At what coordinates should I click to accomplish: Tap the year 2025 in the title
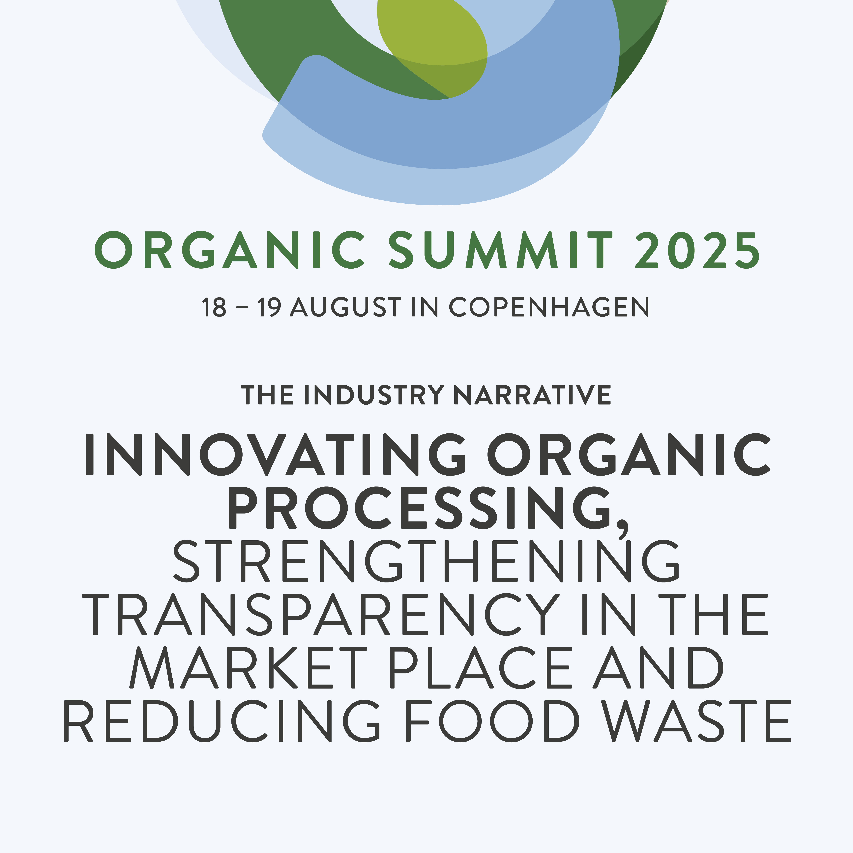pyautogui.click(x=698, y=250)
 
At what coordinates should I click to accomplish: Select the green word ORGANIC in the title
pyautogui.click(x=230, y=250)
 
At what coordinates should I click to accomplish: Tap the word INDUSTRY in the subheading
pyautogui.click(x=374, y=395)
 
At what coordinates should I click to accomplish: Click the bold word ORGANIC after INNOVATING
pyautogui.click(x=629, y=454)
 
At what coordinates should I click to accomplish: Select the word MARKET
pyautogui.click(x=248, y=667)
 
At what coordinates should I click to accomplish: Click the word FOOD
pyautogui.click(x=492, y=721)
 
